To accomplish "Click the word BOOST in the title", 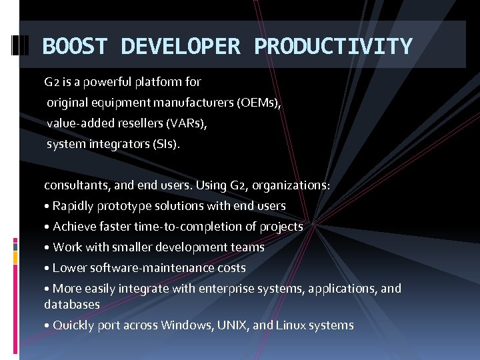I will (74, 47).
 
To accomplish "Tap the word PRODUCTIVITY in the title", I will (333, 47).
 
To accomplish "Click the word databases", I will (72, 305).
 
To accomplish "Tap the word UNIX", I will (233, 325).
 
